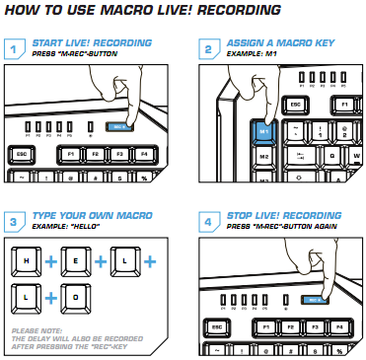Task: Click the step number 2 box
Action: (x=209, y=48)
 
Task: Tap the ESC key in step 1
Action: (x=22, y=155)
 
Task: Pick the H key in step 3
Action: (x=28, y=261)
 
